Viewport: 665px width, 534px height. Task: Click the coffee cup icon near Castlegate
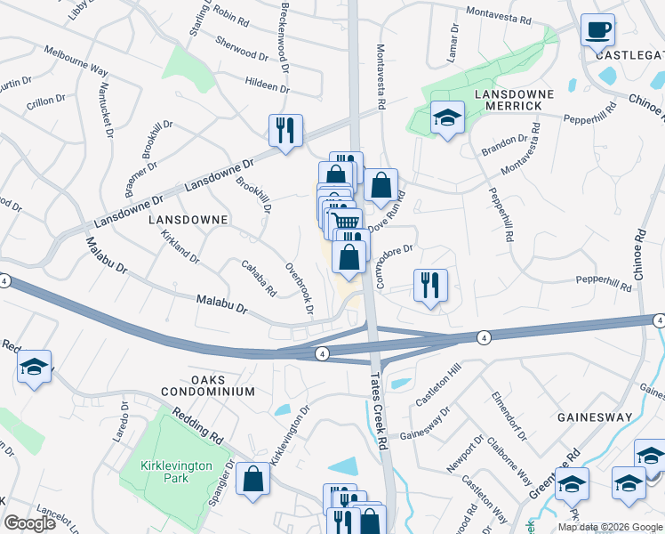pos(597,29)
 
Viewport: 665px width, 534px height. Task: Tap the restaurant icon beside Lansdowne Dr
pos(286,131)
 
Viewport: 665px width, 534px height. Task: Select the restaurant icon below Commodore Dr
pos(430,286)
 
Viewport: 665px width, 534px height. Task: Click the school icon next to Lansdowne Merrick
pos(447,117)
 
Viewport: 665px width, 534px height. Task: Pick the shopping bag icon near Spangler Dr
pos(253,479)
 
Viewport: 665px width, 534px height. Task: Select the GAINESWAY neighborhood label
pos(594,417)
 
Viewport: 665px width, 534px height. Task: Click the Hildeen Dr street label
pos(268,86)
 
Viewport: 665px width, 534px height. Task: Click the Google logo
pos(30,523)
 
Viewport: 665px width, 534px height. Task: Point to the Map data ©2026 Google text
pos(610,527)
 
